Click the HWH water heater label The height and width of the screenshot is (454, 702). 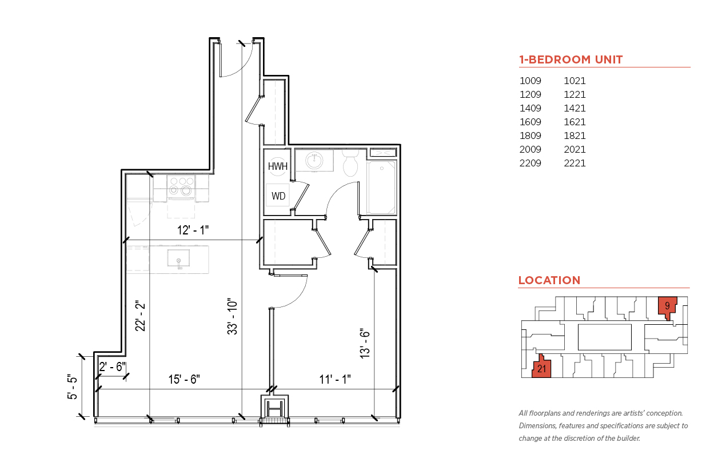[278, 166]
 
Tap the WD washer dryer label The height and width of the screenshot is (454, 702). [278, 196]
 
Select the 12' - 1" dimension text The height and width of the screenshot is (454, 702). [193, 230]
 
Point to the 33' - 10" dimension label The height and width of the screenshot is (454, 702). [233, 316]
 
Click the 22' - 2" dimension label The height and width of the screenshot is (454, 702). [141, 316]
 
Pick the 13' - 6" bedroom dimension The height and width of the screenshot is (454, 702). [365, 344]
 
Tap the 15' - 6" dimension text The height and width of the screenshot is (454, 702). [184, 379]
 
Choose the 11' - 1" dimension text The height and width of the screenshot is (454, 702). [334, 379]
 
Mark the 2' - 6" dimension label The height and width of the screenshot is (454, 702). [113, 367]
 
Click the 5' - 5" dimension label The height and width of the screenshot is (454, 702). [72, 387]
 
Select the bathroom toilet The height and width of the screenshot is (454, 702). [350, 163]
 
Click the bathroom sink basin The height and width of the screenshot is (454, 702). [314, 161]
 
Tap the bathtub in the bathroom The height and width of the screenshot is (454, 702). [382, 187]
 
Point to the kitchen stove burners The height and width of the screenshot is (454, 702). [181, 186]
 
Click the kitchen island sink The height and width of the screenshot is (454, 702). [178, 258]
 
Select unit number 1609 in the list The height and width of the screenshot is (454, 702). [531, 122]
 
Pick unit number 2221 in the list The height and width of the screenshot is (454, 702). [575, 163]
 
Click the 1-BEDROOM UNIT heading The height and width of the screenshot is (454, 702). [571, 59]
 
